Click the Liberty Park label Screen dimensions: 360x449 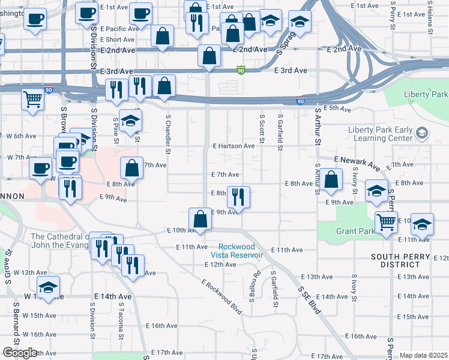point(426,95)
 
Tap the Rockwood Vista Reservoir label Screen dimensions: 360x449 point(240,251)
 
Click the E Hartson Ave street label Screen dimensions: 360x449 point(234,146)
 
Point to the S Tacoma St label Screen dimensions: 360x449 point(121,329)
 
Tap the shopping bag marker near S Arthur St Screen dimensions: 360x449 point(331,179)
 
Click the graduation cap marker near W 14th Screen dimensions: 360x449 point(48,286)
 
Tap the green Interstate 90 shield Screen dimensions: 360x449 point(241,70)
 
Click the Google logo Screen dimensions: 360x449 point(19,353)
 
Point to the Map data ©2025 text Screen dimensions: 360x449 point(423,355)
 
